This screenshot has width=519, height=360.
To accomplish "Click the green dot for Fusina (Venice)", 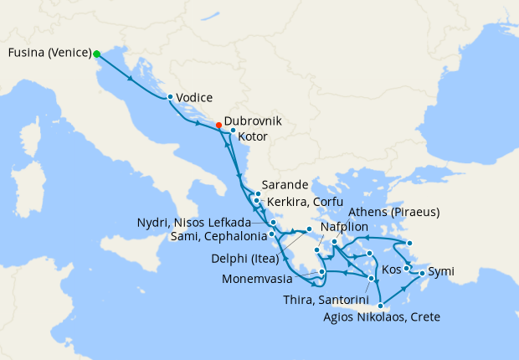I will click(97, 54).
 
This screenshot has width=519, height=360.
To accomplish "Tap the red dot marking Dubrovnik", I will click(218, 126).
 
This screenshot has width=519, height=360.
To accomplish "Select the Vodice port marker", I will click(170, 96).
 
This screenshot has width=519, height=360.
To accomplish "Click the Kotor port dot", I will click(233, 130).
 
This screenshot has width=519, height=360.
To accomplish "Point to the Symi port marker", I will click(420, 273).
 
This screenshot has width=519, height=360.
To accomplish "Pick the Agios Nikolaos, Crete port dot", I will click(381, 306).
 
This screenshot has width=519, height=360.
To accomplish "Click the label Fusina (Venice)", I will click(49, 54).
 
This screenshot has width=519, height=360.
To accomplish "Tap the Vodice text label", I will click(194, 97).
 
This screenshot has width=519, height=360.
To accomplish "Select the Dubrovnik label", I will click(254, 121).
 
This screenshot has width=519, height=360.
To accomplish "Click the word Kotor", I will click(253, 136).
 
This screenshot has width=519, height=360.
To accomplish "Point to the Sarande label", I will click(285, 185).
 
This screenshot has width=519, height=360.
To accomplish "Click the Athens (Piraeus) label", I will click(393, 212).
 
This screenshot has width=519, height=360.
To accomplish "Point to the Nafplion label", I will click(345, 227).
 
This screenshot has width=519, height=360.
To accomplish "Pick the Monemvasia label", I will click(264, 277).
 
